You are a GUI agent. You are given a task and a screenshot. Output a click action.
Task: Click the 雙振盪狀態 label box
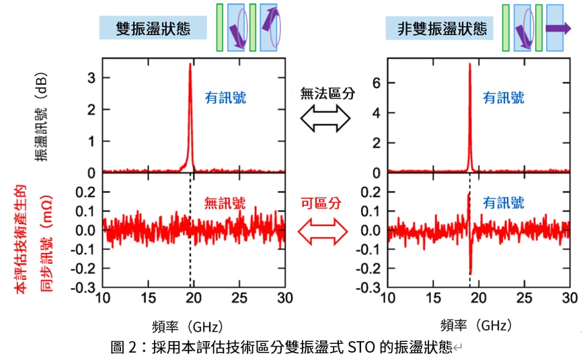[x=153, y=28]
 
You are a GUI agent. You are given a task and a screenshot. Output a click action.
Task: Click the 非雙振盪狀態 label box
[x=440, y=28]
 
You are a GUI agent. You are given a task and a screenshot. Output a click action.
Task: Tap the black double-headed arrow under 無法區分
[x=326, y=119]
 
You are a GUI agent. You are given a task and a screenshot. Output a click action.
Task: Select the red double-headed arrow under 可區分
[x=326, y=233]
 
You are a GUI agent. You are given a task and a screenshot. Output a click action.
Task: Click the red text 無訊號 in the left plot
[x=225, y=201]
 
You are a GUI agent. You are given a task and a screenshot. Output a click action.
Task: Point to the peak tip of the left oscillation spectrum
[x=190, y=65]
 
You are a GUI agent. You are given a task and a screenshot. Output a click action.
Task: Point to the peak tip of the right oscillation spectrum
[x=469, y=65]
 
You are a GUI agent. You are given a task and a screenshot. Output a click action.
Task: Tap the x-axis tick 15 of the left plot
[x=148, y=298]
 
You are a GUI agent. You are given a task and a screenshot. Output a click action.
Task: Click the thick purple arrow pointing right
[x=557, y=28]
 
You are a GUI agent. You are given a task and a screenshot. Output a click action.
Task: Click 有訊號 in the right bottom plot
[x=504, y=203]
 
